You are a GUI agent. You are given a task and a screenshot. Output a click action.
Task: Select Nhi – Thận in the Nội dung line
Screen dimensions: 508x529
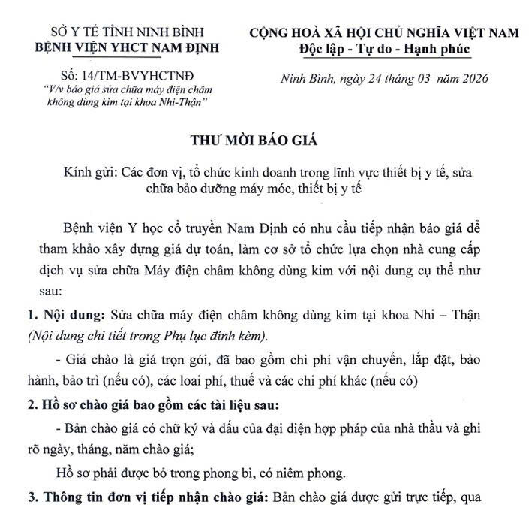tap(473, 336)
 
